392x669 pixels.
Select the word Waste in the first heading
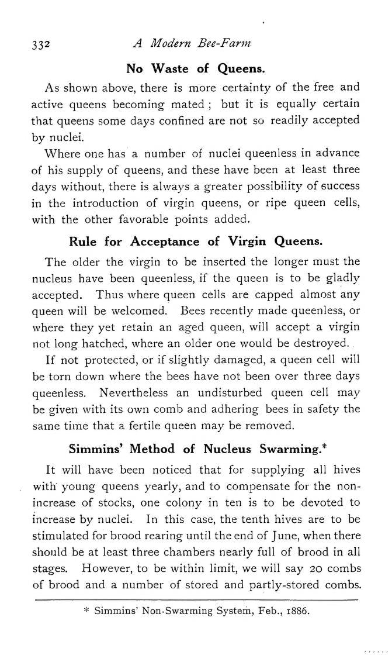click(x=169, y=68)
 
